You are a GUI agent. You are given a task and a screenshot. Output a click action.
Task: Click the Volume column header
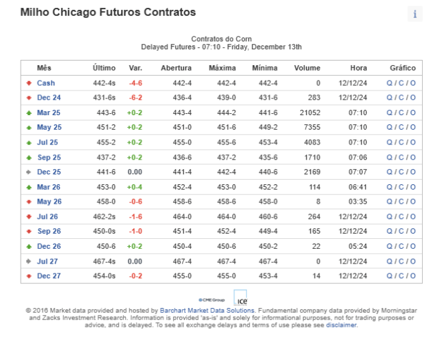(x=307, y=68)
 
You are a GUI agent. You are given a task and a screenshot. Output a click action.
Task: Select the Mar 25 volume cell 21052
(x=310, y=112)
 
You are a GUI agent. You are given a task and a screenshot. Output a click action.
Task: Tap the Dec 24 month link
(x=49, y=98)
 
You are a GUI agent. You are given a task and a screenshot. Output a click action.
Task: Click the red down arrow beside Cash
(x=29, y=83)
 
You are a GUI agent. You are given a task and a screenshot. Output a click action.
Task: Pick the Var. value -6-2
(x=135, y=98)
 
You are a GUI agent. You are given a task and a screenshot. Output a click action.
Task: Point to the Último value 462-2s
(x=104, y=216)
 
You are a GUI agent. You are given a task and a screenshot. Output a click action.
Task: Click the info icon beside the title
(x=415, y=14)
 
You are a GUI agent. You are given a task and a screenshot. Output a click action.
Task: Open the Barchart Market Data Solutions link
(x=207, y=310)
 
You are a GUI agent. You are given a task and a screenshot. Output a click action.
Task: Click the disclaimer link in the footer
(x=341, y=325)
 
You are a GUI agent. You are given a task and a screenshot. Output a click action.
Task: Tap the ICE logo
(x=240, y=297)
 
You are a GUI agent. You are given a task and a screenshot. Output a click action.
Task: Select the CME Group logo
(x=212, y=300)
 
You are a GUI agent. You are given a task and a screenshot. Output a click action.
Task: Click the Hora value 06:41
(x=358, y=187)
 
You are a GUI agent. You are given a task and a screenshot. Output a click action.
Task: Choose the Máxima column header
(x=222, y=68)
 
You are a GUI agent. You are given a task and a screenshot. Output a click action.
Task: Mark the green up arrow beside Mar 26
(x=29, y=187)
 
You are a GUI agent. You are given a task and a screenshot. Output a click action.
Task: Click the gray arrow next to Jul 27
(x=29, y=262)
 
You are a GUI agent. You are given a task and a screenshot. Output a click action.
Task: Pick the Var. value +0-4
(x=134, y=187)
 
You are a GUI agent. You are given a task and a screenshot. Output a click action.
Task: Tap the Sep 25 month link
(x=49, y=157)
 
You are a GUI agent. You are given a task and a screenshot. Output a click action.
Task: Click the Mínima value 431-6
(x=268, y=98)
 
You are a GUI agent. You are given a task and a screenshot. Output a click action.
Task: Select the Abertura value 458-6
(x=182, y=202)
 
